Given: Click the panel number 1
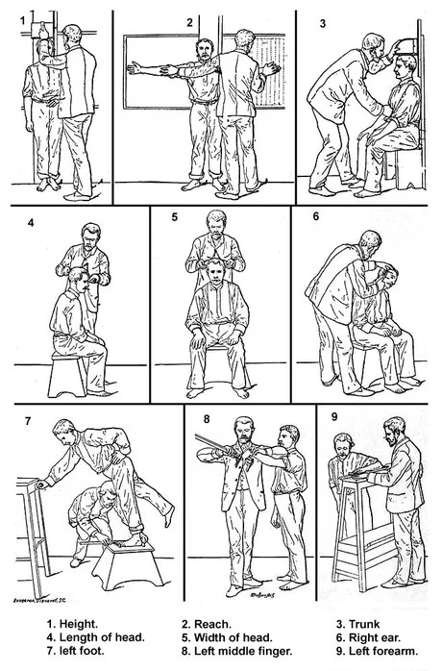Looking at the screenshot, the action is pyautogui.click(x=23, y=20).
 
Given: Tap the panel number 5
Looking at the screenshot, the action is pyautogui.click(x=175, y=217).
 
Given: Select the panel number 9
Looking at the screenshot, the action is pyautogui.click(x=334, y=416).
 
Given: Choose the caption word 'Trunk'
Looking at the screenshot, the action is pyautogui.click(x=364, y=624).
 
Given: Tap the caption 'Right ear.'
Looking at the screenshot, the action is pyautogui.click(x=375, y=637).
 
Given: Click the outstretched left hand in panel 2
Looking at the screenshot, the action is pyautogui.click(x=137, y=67).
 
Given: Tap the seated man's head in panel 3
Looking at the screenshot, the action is pyautogui.click(x=405, y=67).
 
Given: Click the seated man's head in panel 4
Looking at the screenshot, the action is pyautogui.click(x=79, y=279).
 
